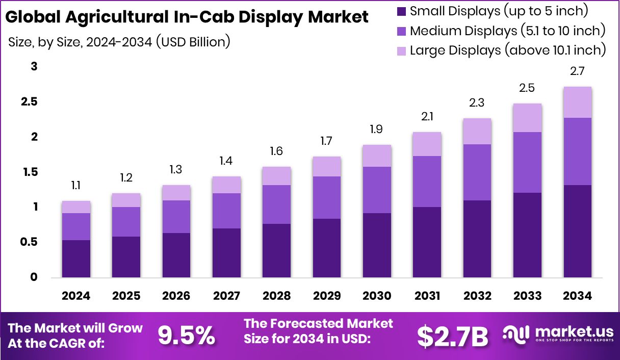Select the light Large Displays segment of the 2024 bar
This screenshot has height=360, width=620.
[76, 207]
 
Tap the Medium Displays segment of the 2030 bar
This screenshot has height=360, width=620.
[377, 190]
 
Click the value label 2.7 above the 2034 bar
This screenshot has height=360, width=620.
[577, 72]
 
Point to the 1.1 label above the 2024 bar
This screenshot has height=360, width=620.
[76, 186]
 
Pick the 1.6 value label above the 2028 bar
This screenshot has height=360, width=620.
[276, 151]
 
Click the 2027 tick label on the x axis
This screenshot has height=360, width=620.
[226, 296]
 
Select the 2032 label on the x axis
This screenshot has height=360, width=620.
[477, 296]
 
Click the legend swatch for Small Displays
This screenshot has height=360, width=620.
[401, 11]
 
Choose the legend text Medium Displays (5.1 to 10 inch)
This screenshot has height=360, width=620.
[507, 31]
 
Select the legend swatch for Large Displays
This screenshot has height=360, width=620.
[401, 50]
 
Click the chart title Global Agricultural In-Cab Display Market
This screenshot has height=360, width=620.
[187, 17]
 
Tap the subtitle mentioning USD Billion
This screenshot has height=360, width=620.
[119, 42]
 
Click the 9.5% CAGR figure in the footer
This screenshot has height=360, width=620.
[186, 336]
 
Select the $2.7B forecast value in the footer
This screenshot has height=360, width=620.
[452, 336]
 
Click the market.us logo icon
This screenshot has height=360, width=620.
[516, 335]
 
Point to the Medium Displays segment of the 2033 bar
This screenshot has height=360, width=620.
[527, 162]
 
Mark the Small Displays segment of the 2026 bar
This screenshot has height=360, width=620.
[176, 255]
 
